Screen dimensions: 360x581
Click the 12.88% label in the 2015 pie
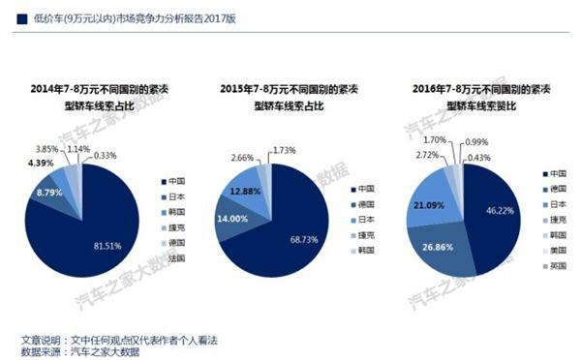click(x=249, y=190)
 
